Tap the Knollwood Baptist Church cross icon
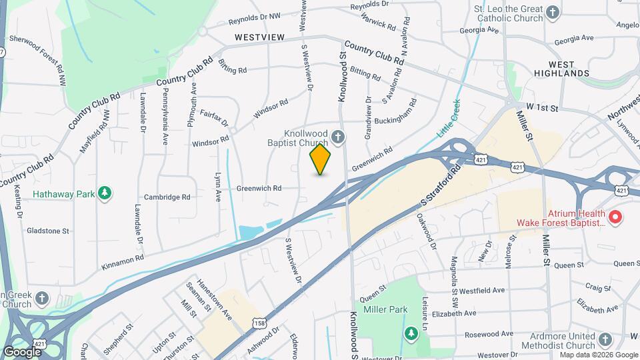tap(339, 138)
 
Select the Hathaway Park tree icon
tap(104, 193)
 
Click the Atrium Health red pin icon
tap(615, 216)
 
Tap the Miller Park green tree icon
tap(411, 332)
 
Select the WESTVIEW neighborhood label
tap(259, 37)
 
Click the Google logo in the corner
tap(22, 351)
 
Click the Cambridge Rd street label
tap(167, 197)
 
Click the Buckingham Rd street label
tap(395, 114)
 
